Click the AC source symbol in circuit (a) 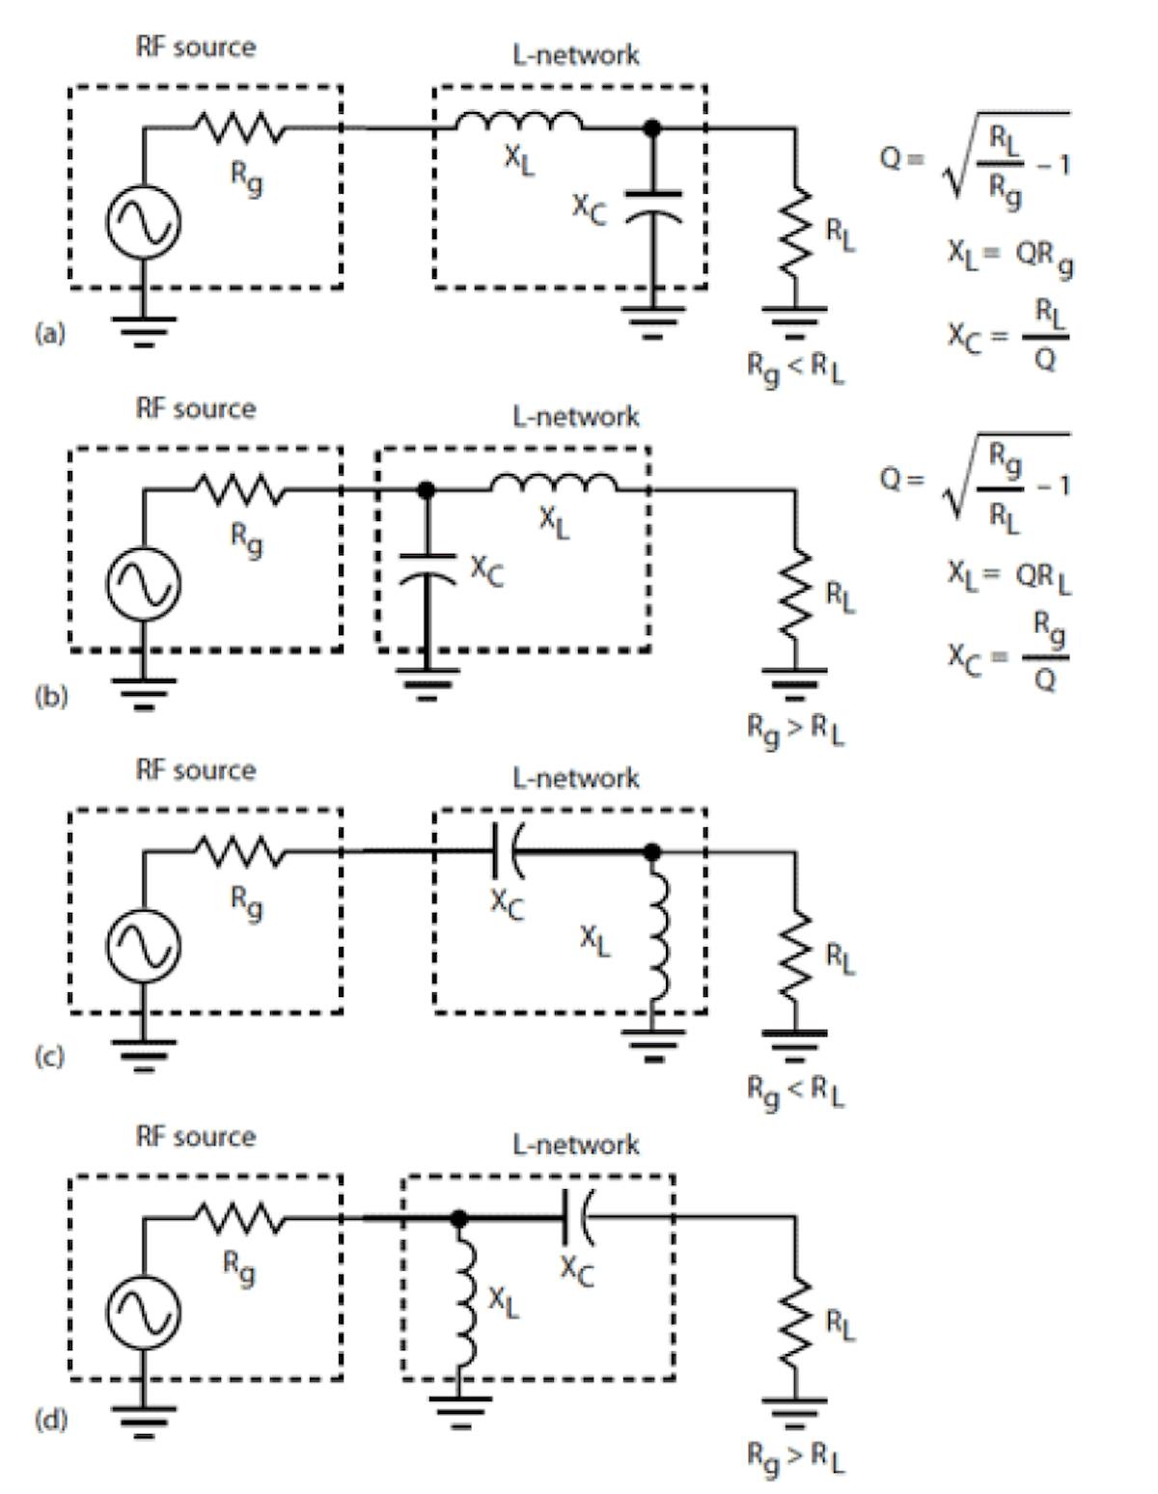pyautogui.click(x=143, y=221)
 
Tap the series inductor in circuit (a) pyautogui.click(x=519, y=122)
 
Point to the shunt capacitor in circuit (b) pyautogui.click(x=427, y=567)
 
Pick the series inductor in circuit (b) pyautogui.click(x=554, y=484)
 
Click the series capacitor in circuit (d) pyautogui.click(x=576, y=1218)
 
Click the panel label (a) pyautogui.click(x=49, y=334)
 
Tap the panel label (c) pyautogui.click(x=49, y=1057)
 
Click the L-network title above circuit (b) pyautogui.click(x=575, y=417)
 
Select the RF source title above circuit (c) pyautogui.click(x=196, y=770)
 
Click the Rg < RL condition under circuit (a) pyautogui.click(x=795, y=368)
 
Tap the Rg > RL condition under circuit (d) pyautogui.click(x=795, y=1456)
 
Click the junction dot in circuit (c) pyautogui.click(x=652, y=851)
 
